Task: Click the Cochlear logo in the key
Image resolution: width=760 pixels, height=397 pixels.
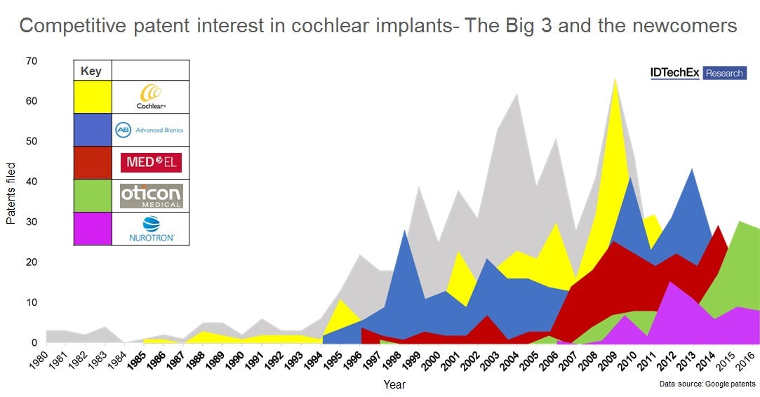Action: pyautogui.click(x=151, y=96)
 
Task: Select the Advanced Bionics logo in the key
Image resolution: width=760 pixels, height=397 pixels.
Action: pyautogui.click(x=151, y=130)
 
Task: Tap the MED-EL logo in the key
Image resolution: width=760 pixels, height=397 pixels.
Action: pyautogui.click(x=151, y=163)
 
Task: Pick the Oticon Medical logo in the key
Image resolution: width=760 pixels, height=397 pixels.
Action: pyautogui.click(x=151, y=196)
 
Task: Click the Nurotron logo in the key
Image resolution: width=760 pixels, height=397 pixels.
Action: pyautogui.click(x=151, y=229)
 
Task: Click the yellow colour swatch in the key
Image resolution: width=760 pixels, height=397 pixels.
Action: pyautogui.click(x=93, y=97)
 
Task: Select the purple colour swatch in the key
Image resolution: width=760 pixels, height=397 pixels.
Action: pyautogui.click(x=93, y=229)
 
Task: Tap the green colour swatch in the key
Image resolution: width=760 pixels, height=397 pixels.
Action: pyautogui.click(x=93, y=196)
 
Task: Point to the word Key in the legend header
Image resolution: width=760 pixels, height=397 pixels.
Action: pyautogui.click(x=91, y=71)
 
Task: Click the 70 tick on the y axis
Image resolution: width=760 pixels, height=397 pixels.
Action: pyautogui.click(x=32, y=61)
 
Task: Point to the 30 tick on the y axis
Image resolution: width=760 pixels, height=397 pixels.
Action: pyautogui.click(x=32, y=222)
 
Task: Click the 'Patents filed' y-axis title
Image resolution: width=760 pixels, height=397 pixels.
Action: pyautogui.click(x=11, y=193)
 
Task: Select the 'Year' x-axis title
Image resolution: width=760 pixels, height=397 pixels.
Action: pyautogui.click(x=394, y=384)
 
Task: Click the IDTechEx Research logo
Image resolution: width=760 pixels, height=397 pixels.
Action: pyautogui.click(x=698, y=73)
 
